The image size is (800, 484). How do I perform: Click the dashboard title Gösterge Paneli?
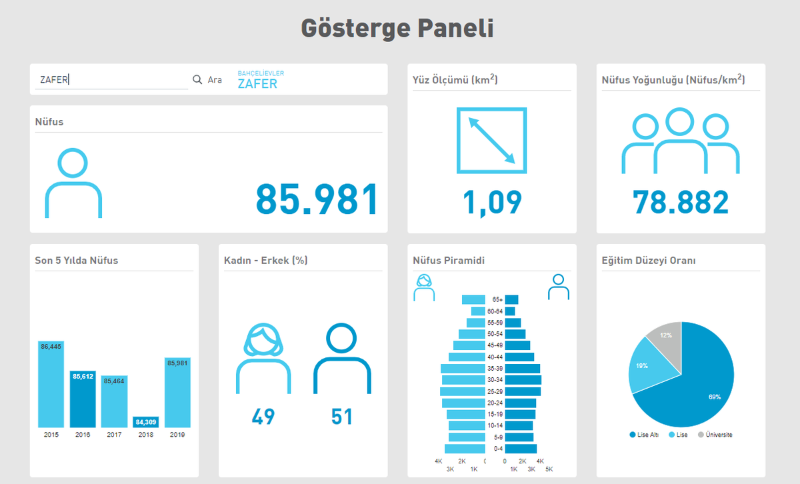(x=397, y=29)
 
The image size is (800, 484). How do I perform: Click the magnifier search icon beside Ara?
(x=197, y=79)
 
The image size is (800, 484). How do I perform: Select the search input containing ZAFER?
(x=111, y=80)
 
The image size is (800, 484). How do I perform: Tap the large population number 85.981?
(x=317, y=199)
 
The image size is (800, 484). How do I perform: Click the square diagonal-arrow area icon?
(x=491, y=141)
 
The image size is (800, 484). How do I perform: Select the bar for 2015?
(x=51, y=383)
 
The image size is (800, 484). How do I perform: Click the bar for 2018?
(x=146, y=421)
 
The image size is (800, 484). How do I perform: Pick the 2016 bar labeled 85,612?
(x=83, y=399)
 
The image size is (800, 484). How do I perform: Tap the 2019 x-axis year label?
(x=177, y=435)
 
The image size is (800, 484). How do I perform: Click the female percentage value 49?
(x=263, y=417)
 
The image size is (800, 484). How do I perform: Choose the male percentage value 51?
(x=342, y=417)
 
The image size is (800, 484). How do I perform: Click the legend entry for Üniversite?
(x=715, y=435)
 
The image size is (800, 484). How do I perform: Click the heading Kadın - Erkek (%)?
(x=265, y=260)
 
